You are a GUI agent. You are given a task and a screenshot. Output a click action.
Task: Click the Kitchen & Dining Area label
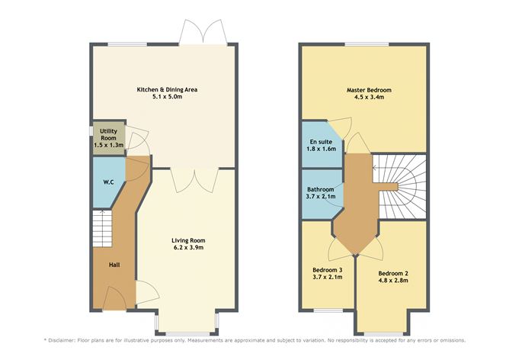tap(167, 89)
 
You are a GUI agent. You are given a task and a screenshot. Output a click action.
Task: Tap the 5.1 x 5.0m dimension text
tap(167, 98)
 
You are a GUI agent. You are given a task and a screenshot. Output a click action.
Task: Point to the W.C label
tap(108, 182)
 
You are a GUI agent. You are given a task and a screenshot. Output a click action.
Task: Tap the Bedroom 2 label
tap(392, 272)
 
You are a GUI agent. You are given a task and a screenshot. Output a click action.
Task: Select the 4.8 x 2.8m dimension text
tap(392, 281)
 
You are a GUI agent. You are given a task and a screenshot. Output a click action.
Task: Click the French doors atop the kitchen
tap(200, 33)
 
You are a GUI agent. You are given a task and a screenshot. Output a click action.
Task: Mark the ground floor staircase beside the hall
tap(101, 224)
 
